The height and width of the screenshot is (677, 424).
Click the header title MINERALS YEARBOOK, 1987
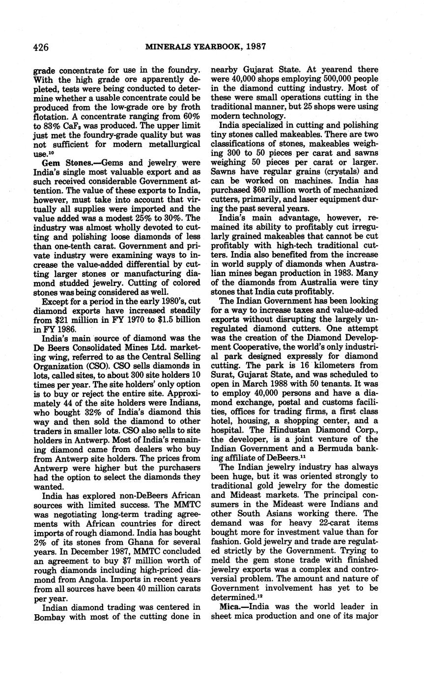tap(205, 47)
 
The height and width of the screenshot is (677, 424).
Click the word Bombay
tap(51, 617)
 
